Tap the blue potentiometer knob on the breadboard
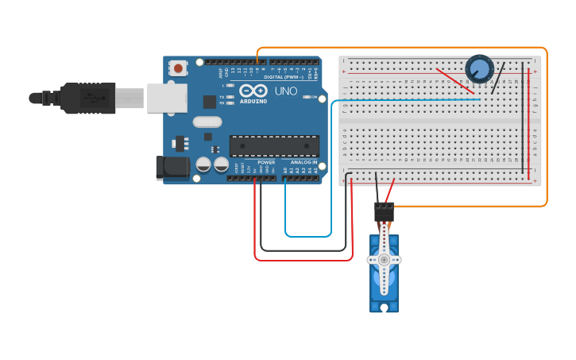click(479, 69)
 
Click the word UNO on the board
click(286, 91)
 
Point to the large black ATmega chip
click(274, 146)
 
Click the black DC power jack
click(172, 167)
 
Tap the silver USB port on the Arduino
click(167, 98)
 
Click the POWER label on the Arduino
click(266, 162)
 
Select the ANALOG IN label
click(303, 162)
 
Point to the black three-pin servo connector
click(384, 211)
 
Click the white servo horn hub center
click(385, 260)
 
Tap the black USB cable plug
click(87, 98)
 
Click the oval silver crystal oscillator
click(207, 122)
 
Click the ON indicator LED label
click(315, 97)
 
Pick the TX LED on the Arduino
click(230, 97)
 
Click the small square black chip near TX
click(210, 102)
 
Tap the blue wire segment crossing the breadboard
click(405, 100)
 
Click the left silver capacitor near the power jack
click(203, 165)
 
